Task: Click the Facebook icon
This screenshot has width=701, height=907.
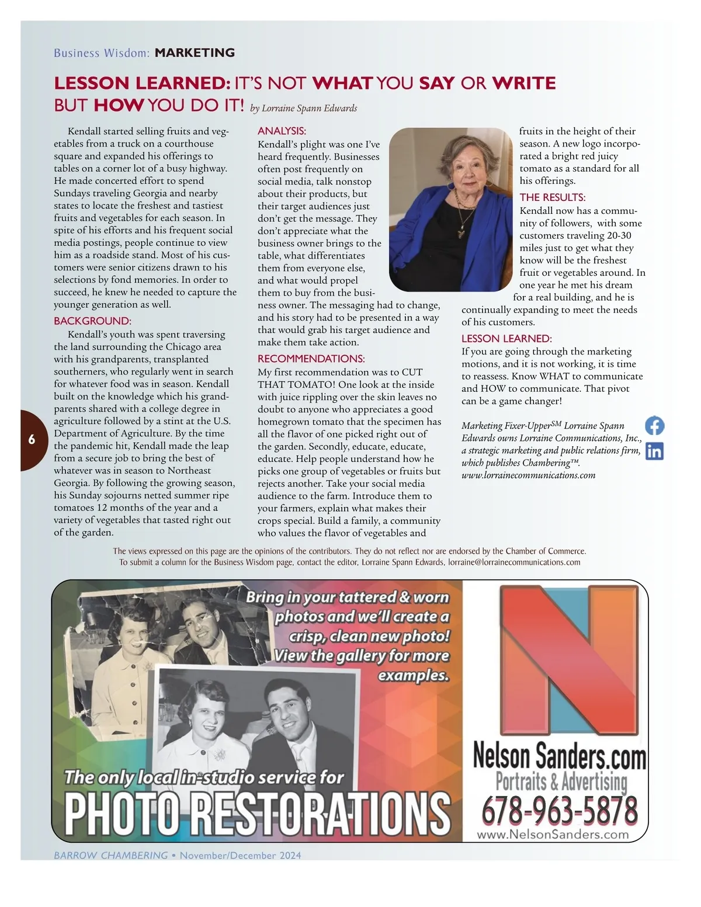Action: tap(655, 425)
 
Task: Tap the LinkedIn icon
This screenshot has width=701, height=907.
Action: tap(655, 451)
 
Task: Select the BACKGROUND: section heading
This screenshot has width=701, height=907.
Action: tap(92, 321)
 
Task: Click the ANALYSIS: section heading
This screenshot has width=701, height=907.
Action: tap(282, 131)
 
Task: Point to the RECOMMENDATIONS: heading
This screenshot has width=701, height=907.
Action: tap(311, 358)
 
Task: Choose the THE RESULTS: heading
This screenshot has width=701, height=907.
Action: tap(552, 197)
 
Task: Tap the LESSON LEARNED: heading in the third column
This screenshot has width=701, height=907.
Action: tap(506, 338)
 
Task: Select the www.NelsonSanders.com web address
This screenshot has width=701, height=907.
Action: tap(553, 835)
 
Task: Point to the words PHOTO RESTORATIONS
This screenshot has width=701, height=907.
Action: tap(257, 812)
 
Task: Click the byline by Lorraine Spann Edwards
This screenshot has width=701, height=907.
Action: tap(303, 108)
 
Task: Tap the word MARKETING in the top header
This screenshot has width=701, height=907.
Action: tap(195, 53)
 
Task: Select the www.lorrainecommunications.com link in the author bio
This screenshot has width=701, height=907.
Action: tap(528, 475)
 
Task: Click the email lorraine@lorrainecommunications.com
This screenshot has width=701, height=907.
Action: tap(513, 562)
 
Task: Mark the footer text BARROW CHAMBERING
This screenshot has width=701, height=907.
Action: tap(110, 855)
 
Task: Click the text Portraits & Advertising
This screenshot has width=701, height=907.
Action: tap(561, 781)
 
